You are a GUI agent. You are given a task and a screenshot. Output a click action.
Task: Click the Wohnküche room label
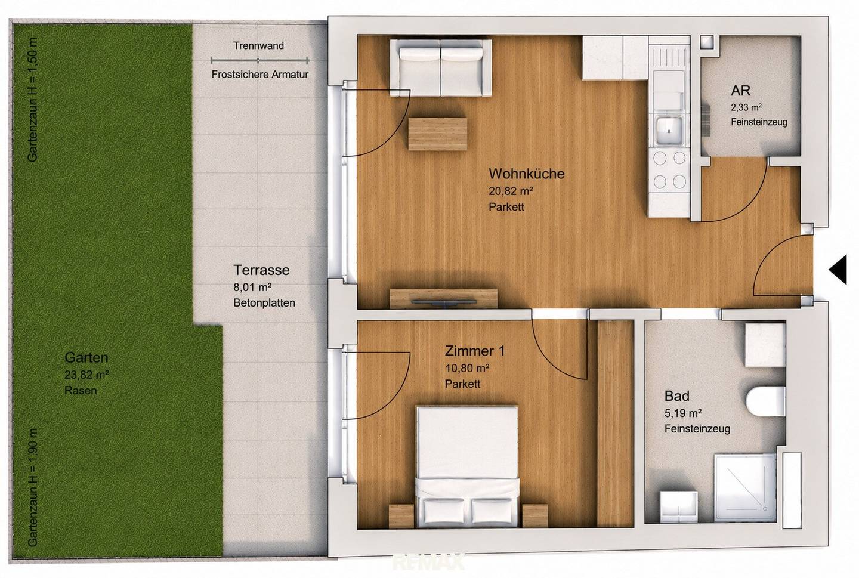pos(527,174)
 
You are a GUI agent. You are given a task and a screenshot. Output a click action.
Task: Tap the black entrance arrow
pos(839,270)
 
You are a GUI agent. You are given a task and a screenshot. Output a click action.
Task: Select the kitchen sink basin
pos(669,130)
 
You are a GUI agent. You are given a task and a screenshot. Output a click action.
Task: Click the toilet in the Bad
pos(765,401)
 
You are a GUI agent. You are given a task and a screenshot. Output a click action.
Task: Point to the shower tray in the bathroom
pos(744,487)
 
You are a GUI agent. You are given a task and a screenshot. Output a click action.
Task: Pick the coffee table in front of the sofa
pos(438,134)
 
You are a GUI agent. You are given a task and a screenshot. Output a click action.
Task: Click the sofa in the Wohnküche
pos(441,68)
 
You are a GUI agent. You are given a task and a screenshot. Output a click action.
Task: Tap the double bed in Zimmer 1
pos(468,467)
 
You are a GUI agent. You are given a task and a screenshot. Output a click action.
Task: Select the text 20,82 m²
pos(511,191)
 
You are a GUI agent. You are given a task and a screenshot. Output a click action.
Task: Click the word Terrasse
pos(261,270)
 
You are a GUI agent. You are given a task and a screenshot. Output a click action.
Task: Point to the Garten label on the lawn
pos(86,357)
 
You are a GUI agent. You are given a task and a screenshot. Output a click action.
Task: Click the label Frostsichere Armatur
pos(260,75)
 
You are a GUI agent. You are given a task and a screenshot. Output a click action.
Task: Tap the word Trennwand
pos(259,46)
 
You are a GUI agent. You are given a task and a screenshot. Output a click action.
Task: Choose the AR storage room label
pos(740,91)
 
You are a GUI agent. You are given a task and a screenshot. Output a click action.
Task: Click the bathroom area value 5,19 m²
pos(683,413)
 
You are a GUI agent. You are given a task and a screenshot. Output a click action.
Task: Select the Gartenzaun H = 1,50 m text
pos(32,100)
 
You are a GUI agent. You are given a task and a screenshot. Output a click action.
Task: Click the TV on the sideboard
pos(444,302)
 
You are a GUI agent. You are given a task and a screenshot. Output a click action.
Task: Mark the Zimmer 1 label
pos(475,351)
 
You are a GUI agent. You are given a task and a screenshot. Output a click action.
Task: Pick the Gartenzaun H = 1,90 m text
pos(33,487)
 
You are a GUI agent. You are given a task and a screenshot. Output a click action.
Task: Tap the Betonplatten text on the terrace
pos(264,303)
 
